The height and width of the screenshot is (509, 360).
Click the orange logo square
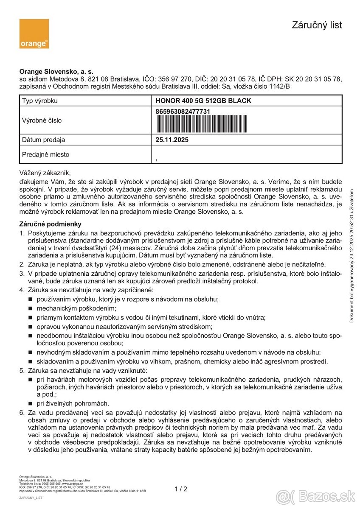[x=34, y=34]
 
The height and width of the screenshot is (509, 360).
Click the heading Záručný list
[x=317, y=25]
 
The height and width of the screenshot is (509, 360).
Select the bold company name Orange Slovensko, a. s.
[x=56, y=72]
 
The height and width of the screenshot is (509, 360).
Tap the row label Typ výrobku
[x=40, y=101]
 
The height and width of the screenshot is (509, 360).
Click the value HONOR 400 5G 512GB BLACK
[x=203, y=101]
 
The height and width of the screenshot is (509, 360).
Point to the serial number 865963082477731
[x=183, y=111]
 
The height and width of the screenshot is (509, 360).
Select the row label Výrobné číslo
[x=42, y=120]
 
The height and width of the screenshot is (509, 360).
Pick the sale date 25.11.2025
[x=172, y=140]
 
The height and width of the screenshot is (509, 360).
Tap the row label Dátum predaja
[x=44, y=140]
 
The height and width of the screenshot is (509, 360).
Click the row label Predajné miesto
[x=45, y=155]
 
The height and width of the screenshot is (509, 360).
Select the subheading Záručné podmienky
[x=50, y=224]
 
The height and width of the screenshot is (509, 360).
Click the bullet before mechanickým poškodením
[x=30, y=308]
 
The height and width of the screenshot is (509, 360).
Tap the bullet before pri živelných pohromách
[x=30, y=403]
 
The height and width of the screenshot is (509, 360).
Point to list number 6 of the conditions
[x=22, y=412]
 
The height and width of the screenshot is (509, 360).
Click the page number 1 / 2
[x=181, y=489]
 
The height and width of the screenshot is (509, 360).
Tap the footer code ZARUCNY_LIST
[x=31, y=498]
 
